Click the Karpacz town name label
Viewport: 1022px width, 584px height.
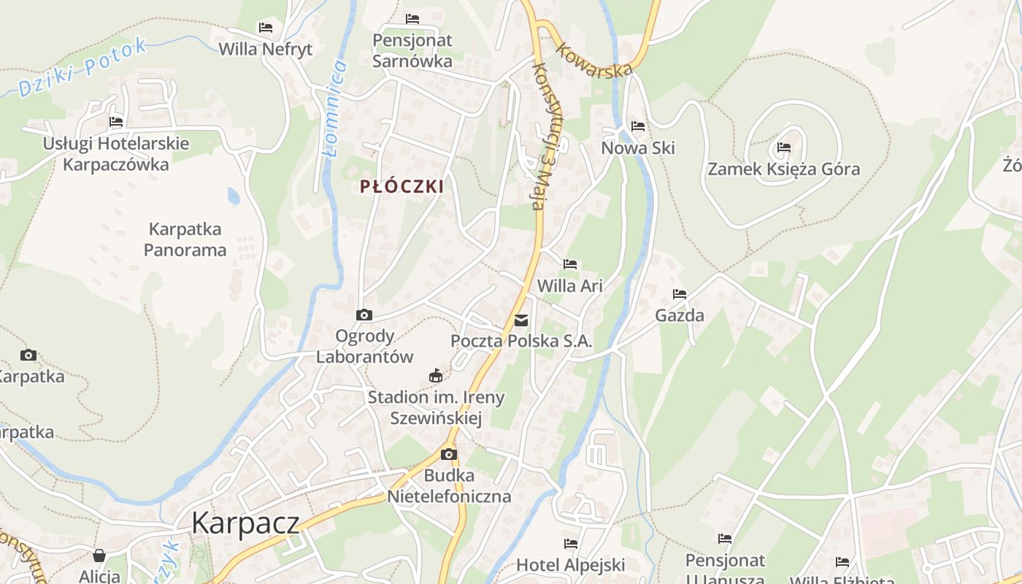(245, 523)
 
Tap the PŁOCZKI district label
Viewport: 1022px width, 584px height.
(401, 186)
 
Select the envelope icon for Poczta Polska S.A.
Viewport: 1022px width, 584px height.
(521, 320)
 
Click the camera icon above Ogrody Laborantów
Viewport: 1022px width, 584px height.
(364, 315)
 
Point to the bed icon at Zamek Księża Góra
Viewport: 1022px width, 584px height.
(784, 147)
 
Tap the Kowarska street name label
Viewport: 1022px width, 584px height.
(593, 60)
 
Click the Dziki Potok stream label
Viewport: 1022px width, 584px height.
(82, 67)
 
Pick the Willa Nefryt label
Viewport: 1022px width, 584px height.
(266, 49)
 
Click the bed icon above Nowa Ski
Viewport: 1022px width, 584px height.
(638, 126)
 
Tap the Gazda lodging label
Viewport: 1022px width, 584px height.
(680, 315)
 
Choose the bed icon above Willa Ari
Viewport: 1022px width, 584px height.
(570, 264)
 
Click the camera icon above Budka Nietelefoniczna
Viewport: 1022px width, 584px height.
(449, 454)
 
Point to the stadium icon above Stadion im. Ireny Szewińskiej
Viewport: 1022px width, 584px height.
(436, 376)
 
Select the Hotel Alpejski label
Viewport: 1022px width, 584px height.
(571, 564)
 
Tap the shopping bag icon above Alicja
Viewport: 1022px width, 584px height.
(99, 556)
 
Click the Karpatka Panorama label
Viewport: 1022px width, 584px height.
(185, 239)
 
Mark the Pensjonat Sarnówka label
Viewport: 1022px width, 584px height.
(412, 50)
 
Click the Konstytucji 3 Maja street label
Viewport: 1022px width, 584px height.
(540, 137)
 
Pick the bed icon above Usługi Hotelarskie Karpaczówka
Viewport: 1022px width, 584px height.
(116, 122)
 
